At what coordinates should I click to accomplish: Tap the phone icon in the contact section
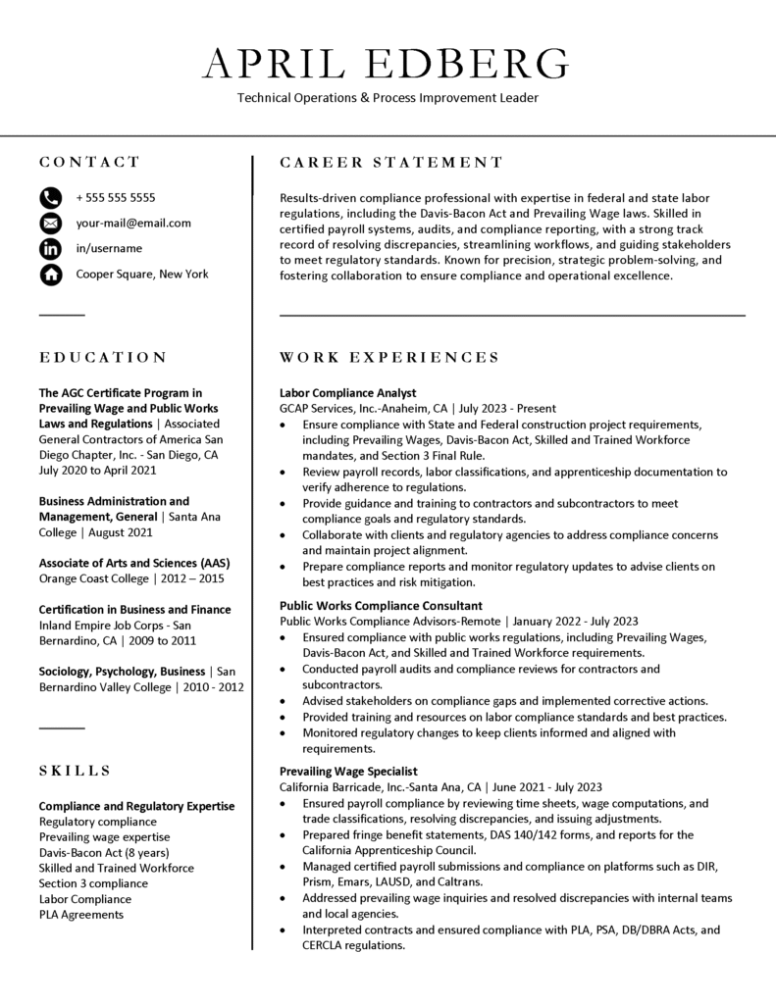[x=50, y=198]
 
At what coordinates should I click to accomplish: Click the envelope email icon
[x=50, y=224]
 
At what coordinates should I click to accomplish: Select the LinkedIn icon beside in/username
[x=50, y=249]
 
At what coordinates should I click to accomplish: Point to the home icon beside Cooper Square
[x=50, y=275]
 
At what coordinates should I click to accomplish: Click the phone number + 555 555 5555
[x=115, y=198]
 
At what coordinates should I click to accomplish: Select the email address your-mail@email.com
[x=133, y=224]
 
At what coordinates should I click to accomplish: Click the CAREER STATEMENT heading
[x=391, y=163]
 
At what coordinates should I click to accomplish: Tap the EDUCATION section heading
[x=103, y=358]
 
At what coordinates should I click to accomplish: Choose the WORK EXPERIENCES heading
[x=389, y=358]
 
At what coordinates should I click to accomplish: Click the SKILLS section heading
[x=75, y=772]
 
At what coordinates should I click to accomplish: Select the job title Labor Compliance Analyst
[x=347, y=392]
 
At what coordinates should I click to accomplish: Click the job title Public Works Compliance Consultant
[x=381, y=606]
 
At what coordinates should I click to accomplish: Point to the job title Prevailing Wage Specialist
[x=348, y=772]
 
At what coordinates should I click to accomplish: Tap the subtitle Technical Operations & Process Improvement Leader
[x=388, y=98]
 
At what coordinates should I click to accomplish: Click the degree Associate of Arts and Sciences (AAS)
[x=133, y=563]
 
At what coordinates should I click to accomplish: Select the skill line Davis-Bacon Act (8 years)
[x=104, y=852]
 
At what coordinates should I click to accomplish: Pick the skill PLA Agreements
[x=81, y=914]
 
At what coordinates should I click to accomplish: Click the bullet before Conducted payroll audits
[x=284, y=670]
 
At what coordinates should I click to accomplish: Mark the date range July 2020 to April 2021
[x=98, y=471]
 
